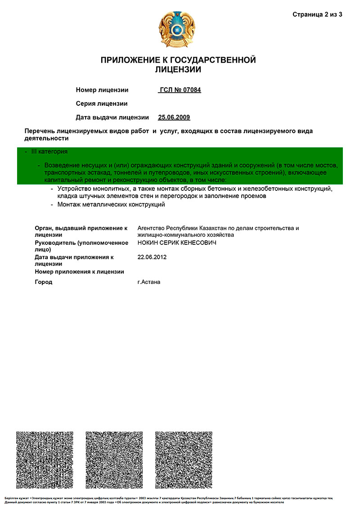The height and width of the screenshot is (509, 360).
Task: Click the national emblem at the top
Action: coord(178,29)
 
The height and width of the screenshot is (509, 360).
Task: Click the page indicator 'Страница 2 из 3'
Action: coord(317,14)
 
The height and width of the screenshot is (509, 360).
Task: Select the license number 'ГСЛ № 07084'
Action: coord(180,90)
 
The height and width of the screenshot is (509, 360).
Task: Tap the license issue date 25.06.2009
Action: coord(174,117)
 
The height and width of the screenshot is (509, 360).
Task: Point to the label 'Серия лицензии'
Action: coord(102,104)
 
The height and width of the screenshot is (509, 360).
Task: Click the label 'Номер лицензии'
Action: coord(102,90)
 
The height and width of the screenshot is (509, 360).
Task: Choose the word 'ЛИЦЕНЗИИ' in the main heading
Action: coord(178,70)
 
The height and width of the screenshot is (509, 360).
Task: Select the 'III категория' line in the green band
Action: coord(49,152)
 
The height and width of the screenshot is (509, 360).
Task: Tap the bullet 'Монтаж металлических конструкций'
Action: coord(111,205)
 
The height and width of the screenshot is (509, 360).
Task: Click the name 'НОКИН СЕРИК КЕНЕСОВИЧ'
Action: coord(177,243)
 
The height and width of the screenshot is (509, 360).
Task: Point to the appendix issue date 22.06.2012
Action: coord(152,257)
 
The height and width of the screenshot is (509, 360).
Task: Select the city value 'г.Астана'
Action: coord(149,282)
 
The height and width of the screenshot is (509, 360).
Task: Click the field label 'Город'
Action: coord(44,282)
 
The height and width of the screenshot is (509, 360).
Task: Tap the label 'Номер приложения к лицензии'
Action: coord(79,272)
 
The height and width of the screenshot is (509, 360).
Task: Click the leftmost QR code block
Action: coord(45,460)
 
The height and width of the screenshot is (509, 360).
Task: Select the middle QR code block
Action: coord(114,460)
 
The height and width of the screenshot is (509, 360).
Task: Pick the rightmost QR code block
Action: coord(184,460)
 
